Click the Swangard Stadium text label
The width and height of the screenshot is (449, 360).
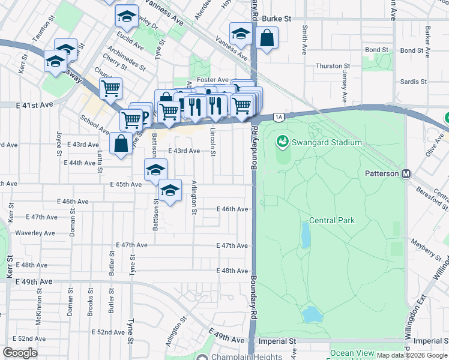coord(327,142)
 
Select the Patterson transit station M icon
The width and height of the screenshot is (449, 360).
coord(406,174)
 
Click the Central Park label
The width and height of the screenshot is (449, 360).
coord(332,220)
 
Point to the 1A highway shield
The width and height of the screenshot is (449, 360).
coord(278,117)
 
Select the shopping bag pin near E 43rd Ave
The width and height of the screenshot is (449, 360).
coord(121,144)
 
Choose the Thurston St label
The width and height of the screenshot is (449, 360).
coord(333,65)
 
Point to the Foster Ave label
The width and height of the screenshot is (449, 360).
coord(215,80)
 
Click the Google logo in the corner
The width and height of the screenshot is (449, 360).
coord(20,353)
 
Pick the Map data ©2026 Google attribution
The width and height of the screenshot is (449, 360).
coord(411,355)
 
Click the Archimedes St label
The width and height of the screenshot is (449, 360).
coord(127,58)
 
